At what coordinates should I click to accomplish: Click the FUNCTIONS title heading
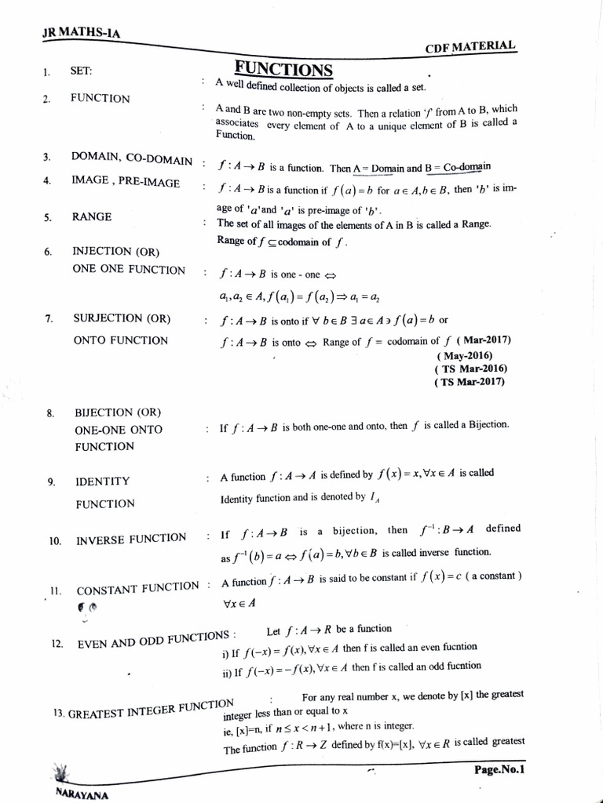tap(283, 69)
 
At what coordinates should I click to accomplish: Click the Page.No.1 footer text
tap(499, 769)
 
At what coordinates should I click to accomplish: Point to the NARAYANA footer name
tap(82, 793)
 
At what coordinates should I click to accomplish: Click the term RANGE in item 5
tap(92, 216)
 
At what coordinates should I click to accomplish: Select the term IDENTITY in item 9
tap(102, 481)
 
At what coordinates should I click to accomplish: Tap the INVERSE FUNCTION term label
tap(131, 540)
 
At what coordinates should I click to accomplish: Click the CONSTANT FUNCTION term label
tap(137, 588)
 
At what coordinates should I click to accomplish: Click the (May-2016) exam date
tap(470, 354)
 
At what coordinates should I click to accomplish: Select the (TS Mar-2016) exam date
tap(470, 369)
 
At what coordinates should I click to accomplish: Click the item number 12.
tap(57, 644)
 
